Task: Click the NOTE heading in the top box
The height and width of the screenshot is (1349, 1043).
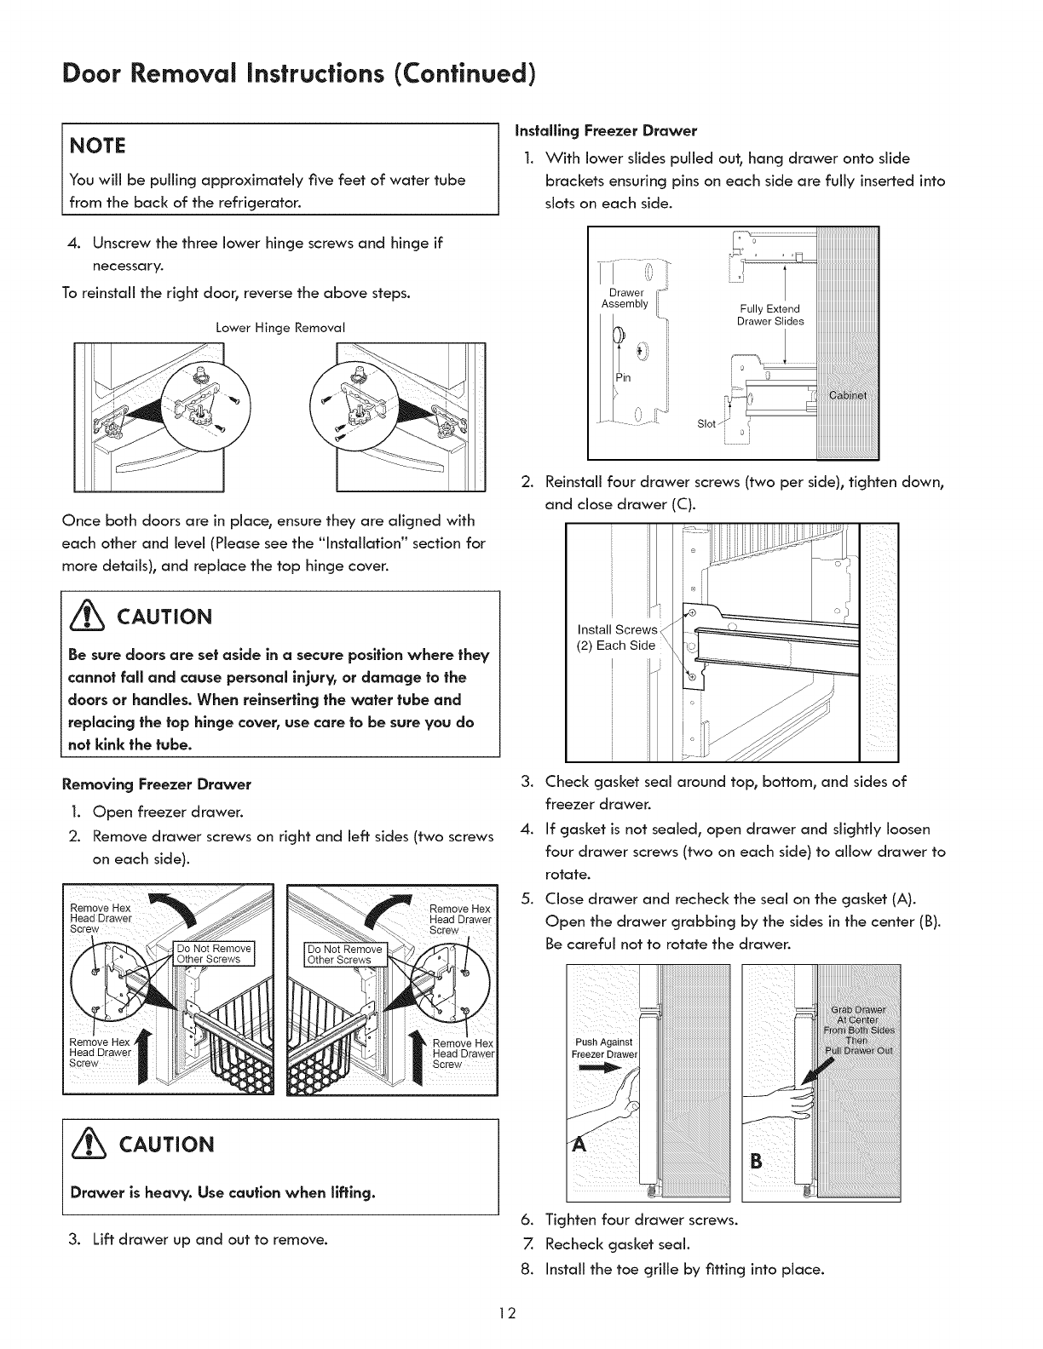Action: (99, 146)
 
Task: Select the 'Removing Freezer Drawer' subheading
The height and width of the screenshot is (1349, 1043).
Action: (157, 784)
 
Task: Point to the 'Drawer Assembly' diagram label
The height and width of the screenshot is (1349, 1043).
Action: (625, 298)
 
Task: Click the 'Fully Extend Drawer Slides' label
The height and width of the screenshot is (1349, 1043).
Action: (770, 314)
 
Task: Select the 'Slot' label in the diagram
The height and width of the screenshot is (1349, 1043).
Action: (706, 424)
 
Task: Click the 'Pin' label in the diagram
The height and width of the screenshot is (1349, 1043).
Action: (623, 377)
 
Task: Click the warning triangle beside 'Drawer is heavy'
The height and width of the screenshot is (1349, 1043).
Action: (89, 1143)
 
